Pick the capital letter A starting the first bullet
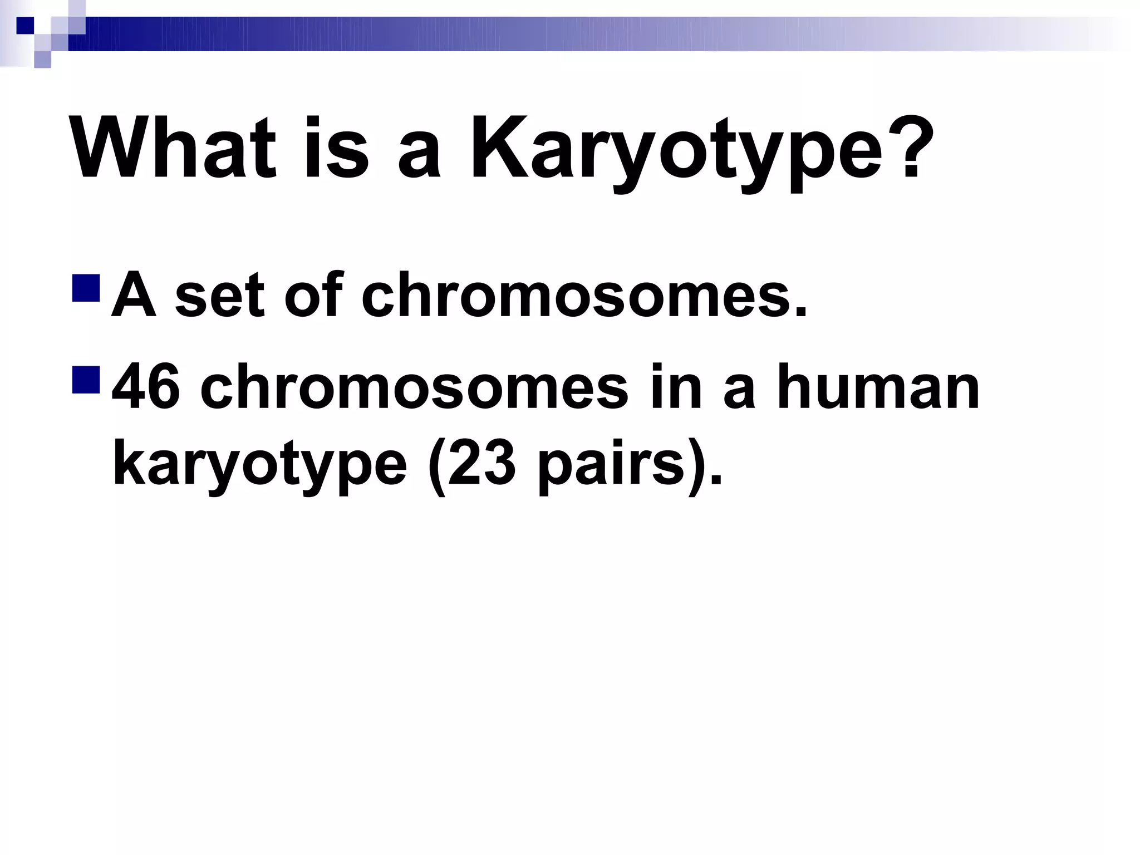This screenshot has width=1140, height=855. pos(134,295)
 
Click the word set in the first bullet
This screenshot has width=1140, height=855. pos(219,295)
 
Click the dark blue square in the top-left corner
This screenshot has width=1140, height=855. pos(25,26)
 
